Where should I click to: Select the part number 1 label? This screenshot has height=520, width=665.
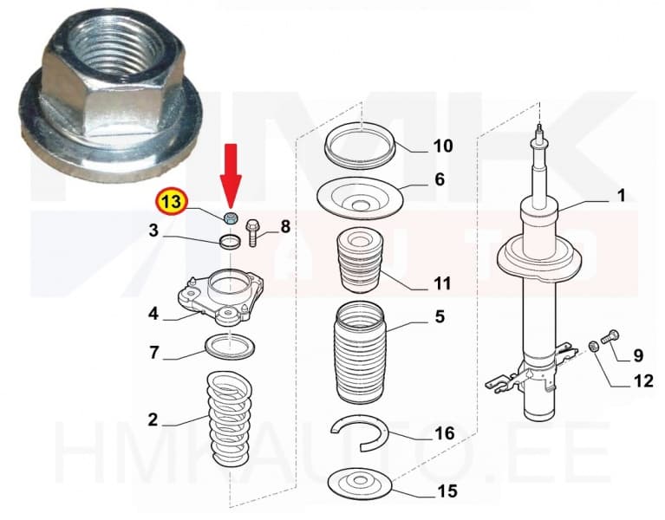coord(621,197)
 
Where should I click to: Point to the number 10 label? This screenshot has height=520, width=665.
coord(442,146)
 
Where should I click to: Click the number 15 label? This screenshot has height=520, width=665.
coord(447,491)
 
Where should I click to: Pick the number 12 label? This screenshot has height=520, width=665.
coord(643,380)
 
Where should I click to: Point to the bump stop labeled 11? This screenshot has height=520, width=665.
coord(356,263)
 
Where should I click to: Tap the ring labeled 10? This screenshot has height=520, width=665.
coord(358,144)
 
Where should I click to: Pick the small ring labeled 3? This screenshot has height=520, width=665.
coord(230,242)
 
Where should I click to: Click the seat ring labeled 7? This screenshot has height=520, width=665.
coord(229,348)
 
